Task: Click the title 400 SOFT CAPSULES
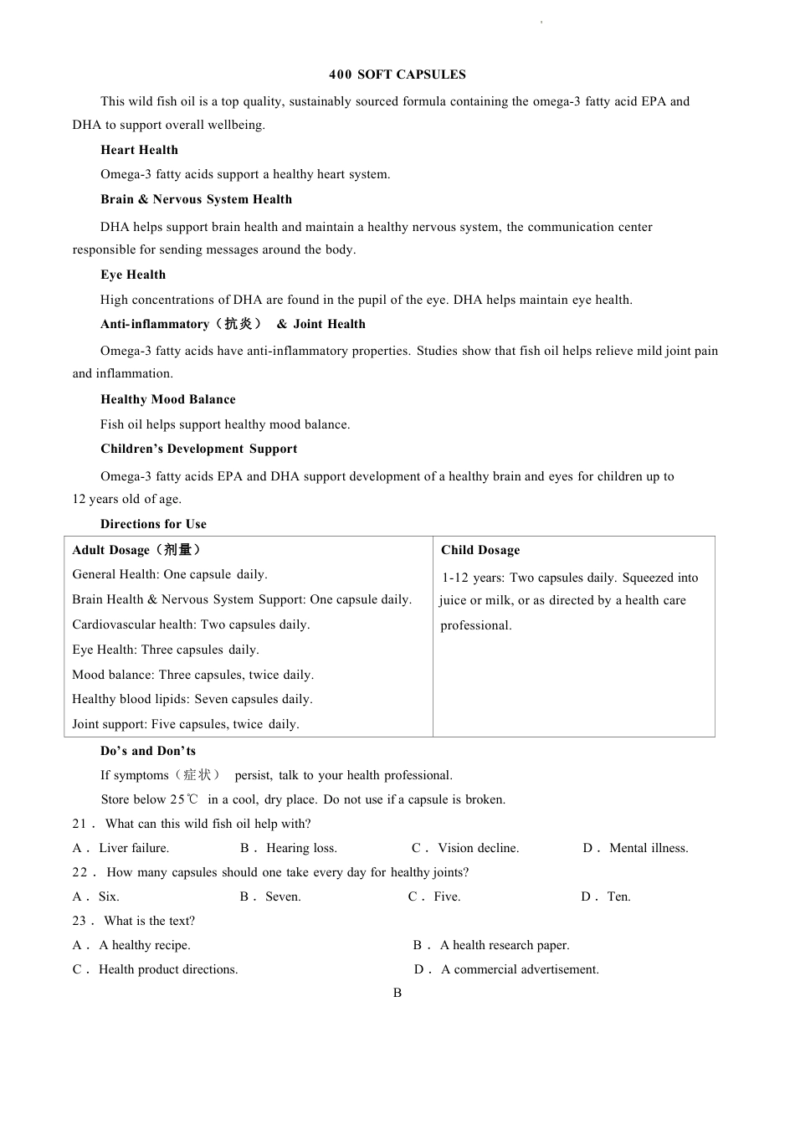[x=397, y=74]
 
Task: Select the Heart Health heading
[x=139, y=150]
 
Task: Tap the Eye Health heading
[x=133, y=275]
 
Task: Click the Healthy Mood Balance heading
[x=167, y=399]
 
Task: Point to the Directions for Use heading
[x=153, y=524]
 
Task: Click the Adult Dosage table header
[x=136, y=550]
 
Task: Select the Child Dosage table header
[x=480, y=550]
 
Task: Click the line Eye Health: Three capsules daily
[x=166, y=650]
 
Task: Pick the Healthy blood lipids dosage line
[x=192, y=699]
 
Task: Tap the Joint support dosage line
[x=186, y=724]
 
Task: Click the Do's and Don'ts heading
[x=148, y=751]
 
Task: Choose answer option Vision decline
[x=478, y=848]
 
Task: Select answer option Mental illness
[x=649, y=848]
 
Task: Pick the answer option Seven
[x=283, y=896]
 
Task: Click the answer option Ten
[x=618, y=896]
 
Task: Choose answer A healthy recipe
[x=144, y=945]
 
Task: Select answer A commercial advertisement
[x=520, y=969]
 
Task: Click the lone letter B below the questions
[x=397, y=993]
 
